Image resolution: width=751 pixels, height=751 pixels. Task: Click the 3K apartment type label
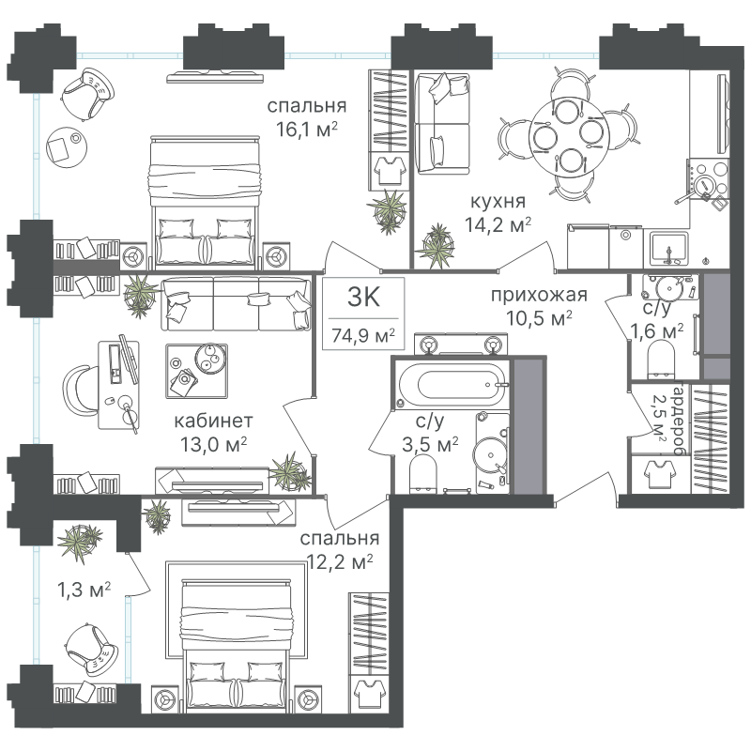363,298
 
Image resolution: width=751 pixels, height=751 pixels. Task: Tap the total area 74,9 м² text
363,336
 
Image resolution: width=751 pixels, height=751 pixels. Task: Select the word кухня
498,201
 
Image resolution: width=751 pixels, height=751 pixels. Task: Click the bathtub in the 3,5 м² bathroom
452,384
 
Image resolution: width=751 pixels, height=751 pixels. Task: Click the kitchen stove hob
709,178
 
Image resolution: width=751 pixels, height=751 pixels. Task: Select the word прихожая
539,295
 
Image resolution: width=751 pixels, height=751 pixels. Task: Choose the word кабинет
213,421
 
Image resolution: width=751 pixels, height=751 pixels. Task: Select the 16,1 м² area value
307,130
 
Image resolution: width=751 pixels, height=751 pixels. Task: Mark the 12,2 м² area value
340,561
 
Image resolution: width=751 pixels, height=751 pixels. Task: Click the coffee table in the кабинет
196,371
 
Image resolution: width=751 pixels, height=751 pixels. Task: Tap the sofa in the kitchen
441,124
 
